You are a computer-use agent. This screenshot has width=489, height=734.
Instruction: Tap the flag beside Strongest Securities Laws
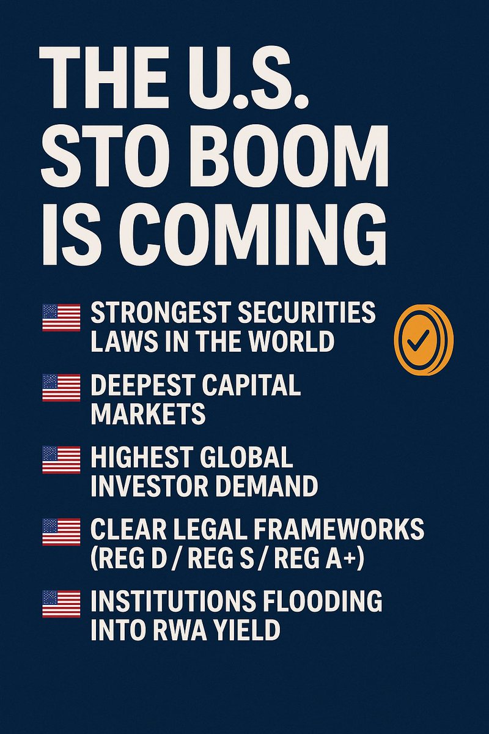[x=61, y=318]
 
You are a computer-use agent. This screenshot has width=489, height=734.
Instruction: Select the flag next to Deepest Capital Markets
[x=61, y=388]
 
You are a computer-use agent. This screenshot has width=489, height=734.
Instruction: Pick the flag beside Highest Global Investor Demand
[x=61, y=459]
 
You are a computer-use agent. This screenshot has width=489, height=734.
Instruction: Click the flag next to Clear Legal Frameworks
[x=61, y=532]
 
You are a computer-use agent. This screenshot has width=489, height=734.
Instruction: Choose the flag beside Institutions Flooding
[x=61, y=603]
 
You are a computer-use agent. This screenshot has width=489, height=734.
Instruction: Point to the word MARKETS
[x=148, y=414]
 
